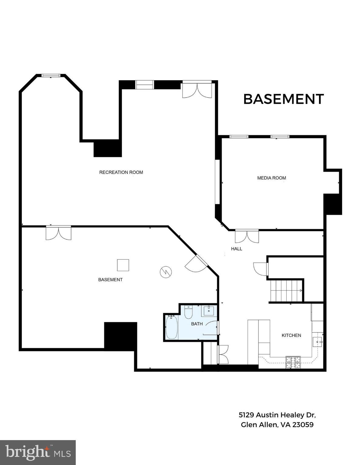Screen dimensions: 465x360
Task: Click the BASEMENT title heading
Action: pyautogui.click(x=283, y=99)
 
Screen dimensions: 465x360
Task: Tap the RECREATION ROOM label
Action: pyautogui.click(x=121, y=172)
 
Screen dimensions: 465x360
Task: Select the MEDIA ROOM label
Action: pyautogui.click(x=271, y=178)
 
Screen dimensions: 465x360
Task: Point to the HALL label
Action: pyautogui.click(x=237, y=249)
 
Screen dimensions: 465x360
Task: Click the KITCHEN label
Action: pyautogui.click(x=291, y=335)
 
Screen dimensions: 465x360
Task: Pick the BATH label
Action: pyautogui.click(x=197, y=324)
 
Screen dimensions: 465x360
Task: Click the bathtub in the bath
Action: pyautogui.click(x=172, y=327)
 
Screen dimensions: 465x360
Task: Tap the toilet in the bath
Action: pyautogui.click(x=188, y=312)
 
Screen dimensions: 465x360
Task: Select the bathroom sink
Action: pyautogui.click(x=209, y=311)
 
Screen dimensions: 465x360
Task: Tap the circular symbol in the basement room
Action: pyautogui.click(x=166, y=272)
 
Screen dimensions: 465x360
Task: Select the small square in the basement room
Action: pyautogui.click(x=123, y=265)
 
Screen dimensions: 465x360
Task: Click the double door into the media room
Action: pyautogui.click(x=247, y=236)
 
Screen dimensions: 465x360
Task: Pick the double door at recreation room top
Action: pyautogui.click(x=197, y=90)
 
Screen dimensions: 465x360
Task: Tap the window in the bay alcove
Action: pyautogui.click(x=51, y=76)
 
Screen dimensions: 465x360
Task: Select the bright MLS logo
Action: pyautogui.click(x=38, y=453)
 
